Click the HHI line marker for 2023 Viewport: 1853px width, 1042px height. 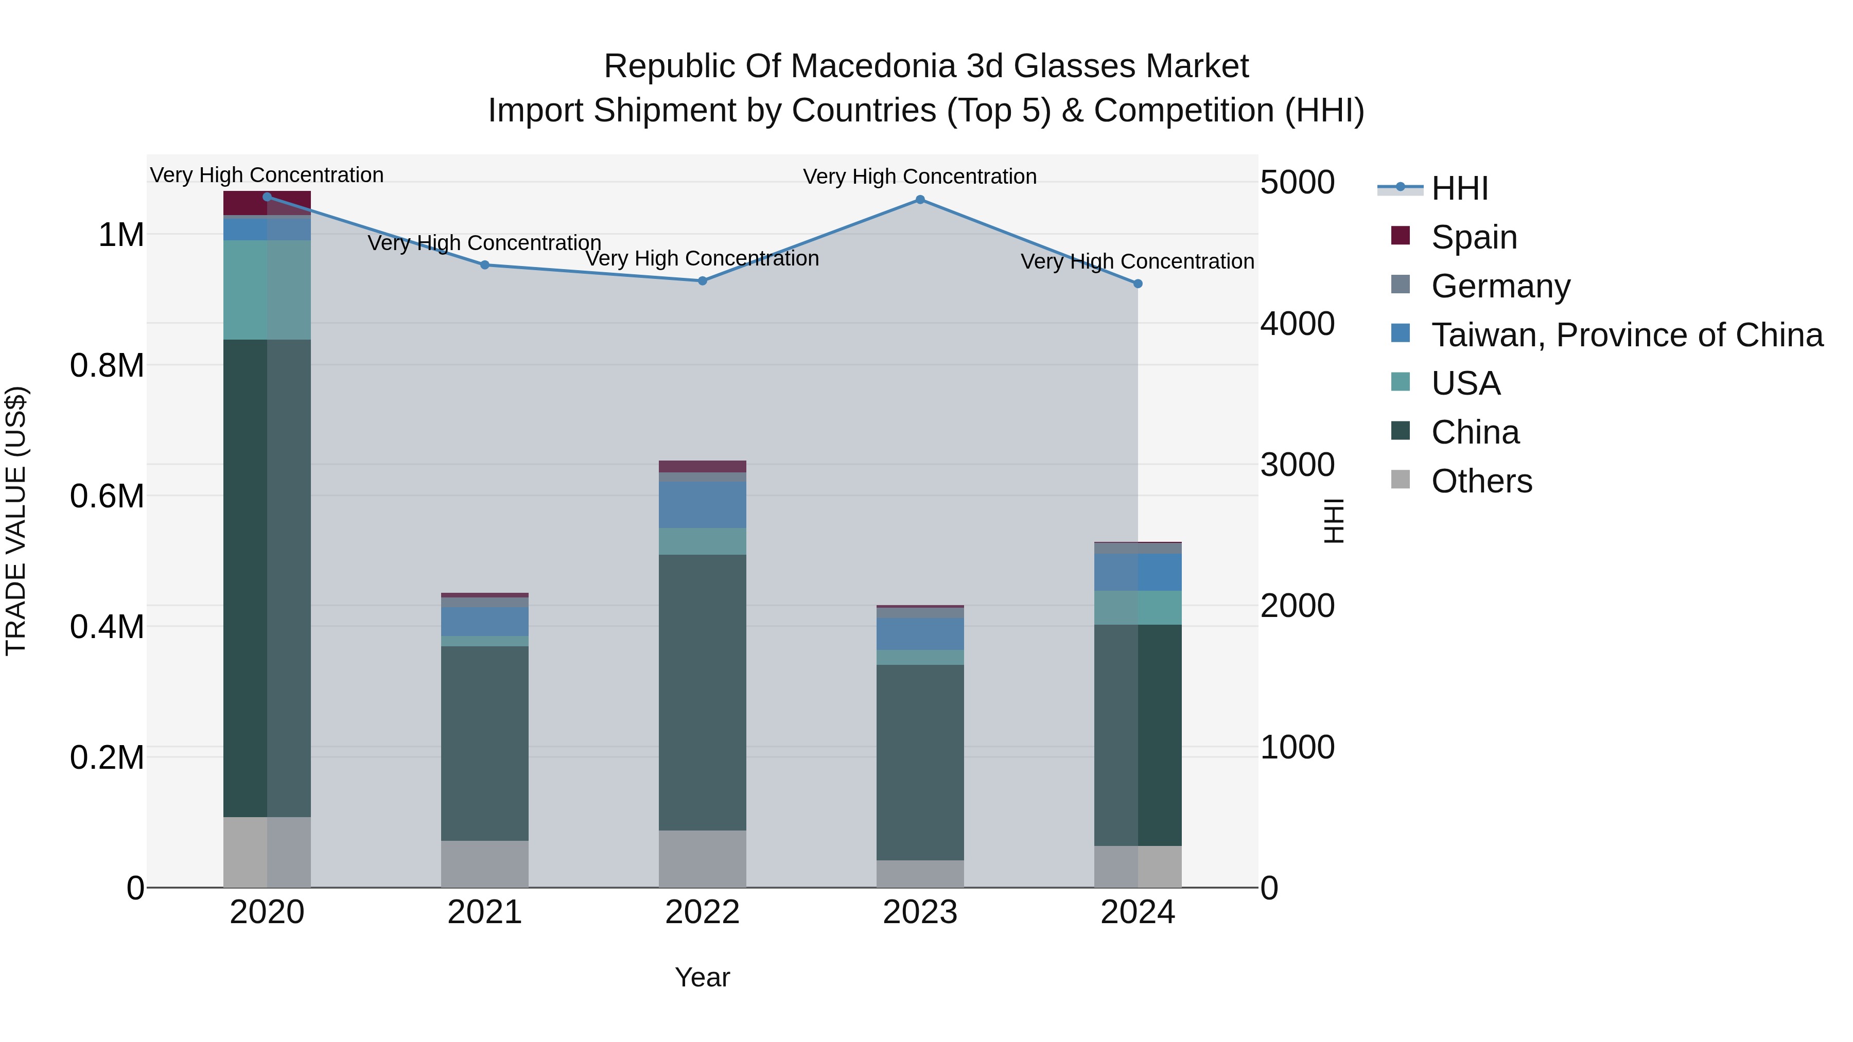(x=920, y=200)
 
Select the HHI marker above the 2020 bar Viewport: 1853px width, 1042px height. (x=267, y=197)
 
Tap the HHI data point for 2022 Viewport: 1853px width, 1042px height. (x=702, y=281)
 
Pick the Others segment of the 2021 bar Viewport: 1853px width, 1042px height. (x=484, y=863)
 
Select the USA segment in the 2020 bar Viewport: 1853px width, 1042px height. (x=267, y=289)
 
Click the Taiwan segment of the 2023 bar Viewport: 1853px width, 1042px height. (x=920, y=633)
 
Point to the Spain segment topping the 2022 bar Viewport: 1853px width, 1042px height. (x=702, y=466)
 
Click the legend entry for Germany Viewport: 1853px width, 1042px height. (x=1500, y=286)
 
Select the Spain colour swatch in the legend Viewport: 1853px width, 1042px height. (x=1400, y=235)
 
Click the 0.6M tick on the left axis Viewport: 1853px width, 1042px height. (x=107, y=496)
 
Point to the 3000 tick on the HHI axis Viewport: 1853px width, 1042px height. (x=1297, y=465)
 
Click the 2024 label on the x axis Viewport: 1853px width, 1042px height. (x=1137, y=912)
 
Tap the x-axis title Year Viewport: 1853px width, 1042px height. (x=702, y=977)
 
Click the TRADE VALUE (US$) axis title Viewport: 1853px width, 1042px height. (x=16, y=521)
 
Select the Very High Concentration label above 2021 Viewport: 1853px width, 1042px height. (x=484, y=243)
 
